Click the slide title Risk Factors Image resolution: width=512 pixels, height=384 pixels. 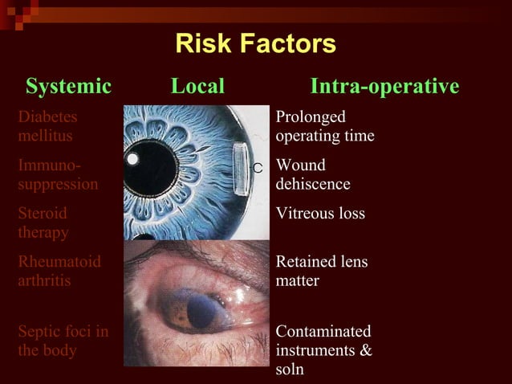click(255, 44)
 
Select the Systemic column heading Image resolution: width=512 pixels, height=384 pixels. click(68, 86)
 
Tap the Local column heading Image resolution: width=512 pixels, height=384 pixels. click(197, 86)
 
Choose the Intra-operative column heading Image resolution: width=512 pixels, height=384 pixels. click(384, 86)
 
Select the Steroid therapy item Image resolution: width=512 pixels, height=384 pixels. click(43, 223)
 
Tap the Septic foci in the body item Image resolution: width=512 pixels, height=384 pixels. click(63, 341)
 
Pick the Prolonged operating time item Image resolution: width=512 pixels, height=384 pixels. click(324, 126)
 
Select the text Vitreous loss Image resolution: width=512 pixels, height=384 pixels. click(319, 214)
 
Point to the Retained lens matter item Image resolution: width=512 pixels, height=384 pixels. click(322, 272)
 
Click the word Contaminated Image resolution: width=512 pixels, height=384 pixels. click(323, 331)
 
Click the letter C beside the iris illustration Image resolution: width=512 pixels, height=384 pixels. click(258, 168)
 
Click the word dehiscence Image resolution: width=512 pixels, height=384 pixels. click(313, 184)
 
